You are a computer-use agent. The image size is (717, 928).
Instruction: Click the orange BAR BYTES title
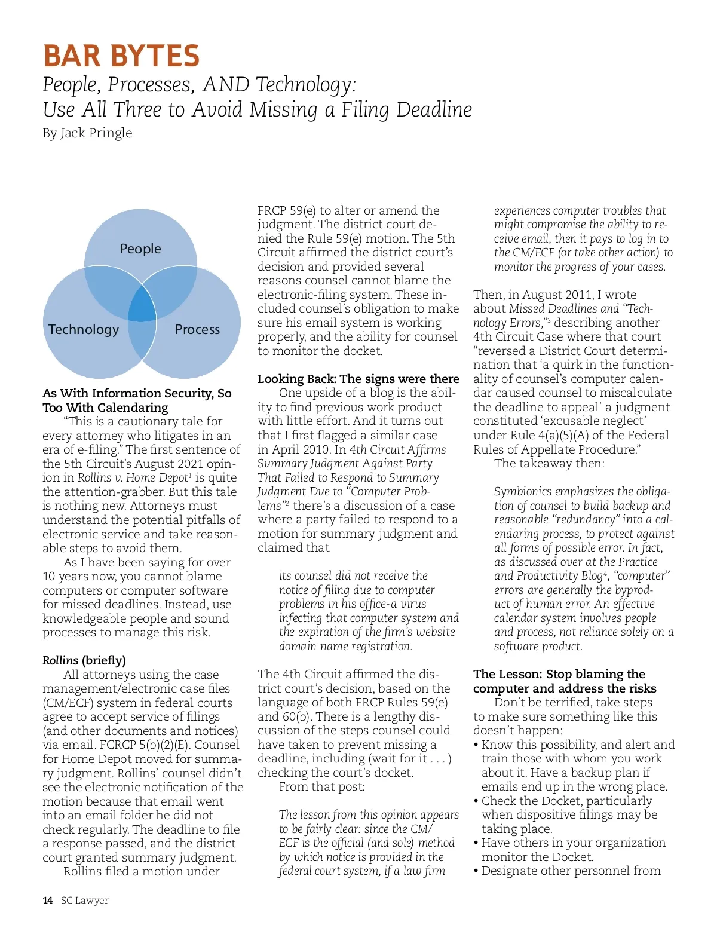coord(121,56)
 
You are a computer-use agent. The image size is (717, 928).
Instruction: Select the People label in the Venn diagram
coord(140,249)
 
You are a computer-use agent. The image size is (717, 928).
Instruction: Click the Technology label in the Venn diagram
coord(84,329)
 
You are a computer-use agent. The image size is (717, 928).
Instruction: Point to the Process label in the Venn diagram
coord(197,329)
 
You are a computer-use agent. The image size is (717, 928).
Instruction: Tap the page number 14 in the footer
coord(48,900)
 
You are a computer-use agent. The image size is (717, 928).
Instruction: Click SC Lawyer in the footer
coord(85,900)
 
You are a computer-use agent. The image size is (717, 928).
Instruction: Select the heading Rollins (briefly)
coord(84,660)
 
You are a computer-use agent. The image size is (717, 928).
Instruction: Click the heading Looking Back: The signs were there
coord(358,379)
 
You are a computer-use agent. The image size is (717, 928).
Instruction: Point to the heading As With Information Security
coord(137,393)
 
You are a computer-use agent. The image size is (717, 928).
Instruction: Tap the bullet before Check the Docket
coord(476,801)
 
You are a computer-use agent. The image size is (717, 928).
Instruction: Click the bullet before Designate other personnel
coord(476,871)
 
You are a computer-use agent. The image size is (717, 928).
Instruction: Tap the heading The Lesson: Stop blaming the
coord(559,675)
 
